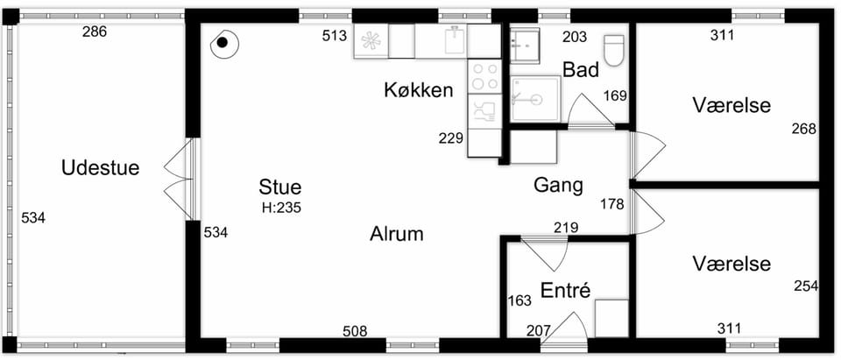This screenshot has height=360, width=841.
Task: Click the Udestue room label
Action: point(100,168)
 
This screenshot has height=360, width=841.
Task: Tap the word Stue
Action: point(280,187)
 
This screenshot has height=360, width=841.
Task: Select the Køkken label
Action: point(419,91)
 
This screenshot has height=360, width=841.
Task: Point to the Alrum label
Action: point(397,234)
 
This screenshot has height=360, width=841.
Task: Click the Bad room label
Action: point(581,70)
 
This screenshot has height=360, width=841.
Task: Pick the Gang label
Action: point(558,186)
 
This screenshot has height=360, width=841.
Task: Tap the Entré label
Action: point(565,290)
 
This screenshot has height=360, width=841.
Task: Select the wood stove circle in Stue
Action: point(223,43)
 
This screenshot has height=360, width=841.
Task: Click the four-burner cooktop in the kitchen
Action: point(484,76)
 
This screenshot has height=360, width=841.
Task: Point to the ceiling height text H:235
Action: point(281,207)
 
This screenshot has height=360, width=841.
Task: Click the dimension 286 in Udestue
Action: point(95,32)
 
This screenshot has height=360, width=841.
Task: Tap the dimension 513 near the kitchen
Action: point(335,37)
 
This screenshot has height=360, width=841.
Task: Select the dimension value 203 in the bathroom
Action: point(575,38)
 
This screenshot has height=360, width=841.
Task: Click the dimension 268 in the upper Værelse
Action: point(804,130)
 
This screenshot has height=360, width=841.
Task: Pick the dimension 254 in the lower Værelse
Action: point(806,286)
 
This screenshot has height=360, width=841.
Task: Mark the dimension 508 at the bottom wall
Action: point(355,332)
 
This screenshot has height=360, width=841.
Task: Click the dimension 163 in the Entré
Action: point(519,300)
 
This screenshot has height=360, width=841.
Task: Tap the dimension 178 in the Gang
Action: point(612,204)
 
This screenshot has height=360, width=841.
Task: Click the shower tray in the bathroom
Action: point(535,99)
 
